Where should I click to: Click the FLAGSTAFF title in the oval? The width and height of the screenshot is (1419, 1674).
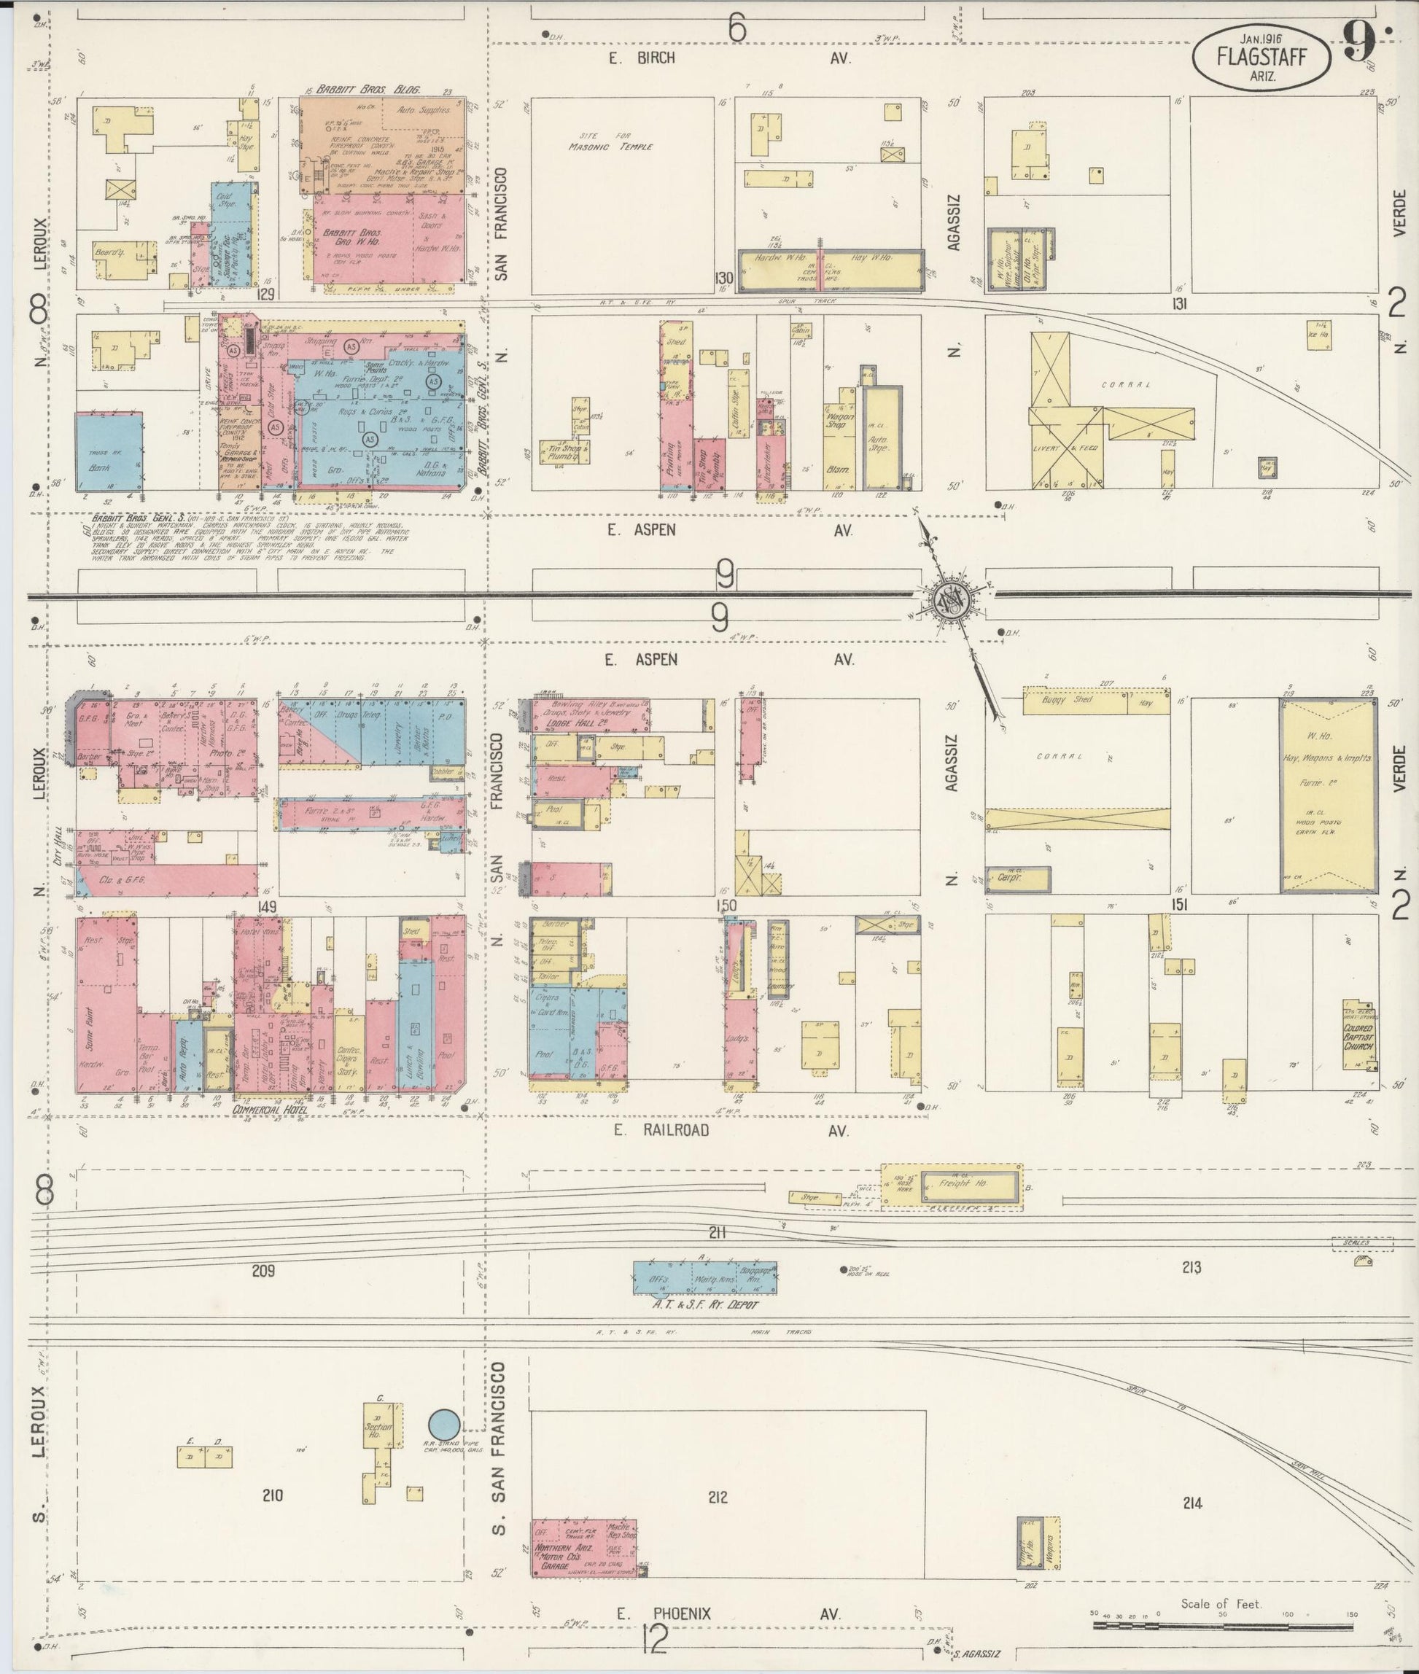tap(1261, 58)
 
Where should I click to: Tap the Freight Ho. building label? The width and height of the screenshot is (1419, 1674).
tap(965, 1184)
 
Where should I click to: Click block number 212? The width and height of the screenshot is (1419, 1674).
tap(718, 1497)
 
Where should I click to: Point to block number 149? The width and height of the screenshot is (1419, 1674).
tap(267, 906)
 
